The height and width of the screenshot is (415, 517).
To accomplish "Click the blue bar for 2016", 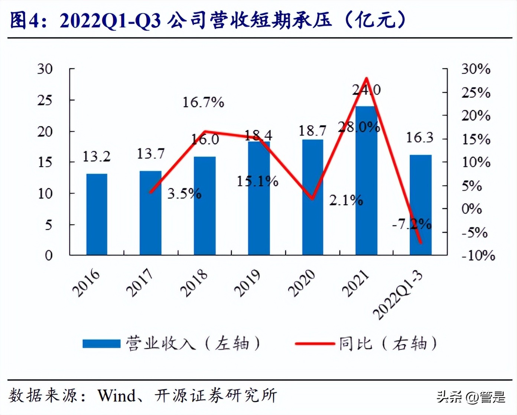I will (x=97, y=214).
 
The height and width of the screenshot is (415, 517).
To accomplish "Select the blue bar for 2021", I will (x=366, y=181).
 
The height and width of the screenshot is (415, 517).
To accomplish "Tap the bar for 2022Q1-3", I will (x=420, y=205).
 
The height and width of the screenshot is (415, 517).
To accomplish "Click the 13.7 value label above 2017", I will (x=150, y=154).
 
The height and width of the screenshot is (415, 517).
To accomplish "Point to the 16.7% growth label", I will (x=203, y=102).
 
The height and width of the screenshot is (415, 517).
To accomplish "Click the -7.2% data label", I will (x=412, y=224).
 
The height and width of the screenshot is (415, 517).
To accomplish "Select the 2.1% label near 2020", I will (x=346, y=200).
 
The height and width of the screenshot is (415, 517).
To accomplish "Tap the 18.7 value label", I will (x=312, y=131).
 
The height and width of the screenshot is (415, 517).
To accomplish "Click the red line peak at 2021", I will (x=367, y=78).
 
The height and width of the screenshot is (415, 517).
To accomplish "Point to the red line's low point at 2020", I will (x=312, y=199).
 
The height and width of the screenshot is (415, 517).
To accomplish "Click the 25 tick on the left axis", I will (x=45, y=100).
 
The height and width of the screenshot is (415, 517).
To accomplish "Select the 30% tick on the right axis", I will (x=476, y=69).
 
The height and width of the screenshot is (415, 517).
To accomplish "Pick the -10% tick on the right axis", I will (x=478, y=255).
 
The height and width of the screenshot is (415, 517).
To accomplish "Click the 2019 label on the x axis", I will (x=247, y=283).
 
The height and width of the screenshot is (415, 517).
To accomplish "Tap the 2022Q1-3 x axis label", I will (x=398, y=295).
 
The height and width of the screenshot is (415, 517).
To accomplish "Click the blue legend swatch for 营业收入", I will (x=101, y=344).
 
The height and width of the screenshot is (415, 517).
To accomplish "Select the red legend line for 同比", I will (x=315, y=344).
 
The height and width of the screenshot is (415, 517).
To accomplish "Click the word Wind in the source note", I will (x=116, y=395).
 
